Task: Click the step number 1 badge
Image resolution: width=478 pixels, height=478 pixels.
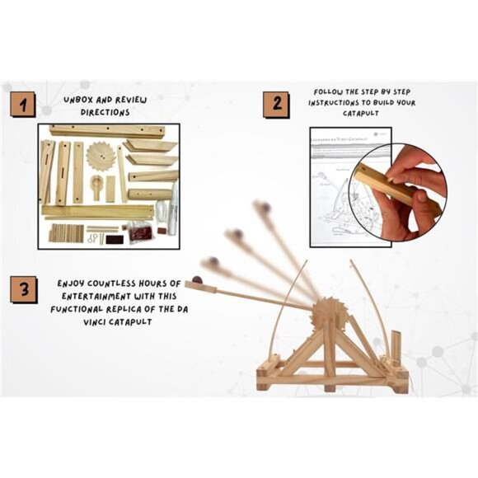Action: point(23,104)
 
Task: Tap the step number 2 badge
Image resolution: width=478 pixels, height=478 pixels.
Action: point(276,104)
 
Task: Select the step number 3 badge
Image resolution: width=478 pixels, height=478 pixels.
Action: point(23,291)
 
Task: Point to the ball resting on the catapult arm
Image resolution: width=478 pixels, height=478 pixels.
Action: point(198,279)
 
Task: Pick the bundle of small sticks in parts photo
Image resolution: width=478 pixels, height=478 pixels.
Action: point(63,233)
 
